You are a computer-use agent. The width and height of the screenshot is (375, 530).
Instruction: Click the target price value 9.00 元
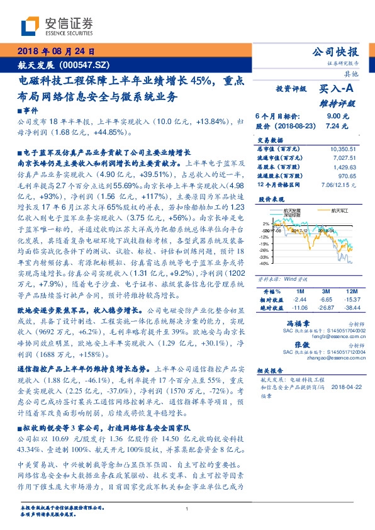coord(333,116)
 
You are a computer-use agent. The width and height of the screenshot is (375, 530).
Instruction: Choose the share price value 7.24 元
coord(333,126)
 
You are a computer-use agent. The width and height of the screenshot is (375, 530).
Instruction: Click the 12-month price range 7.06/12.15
coord(339,186)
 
